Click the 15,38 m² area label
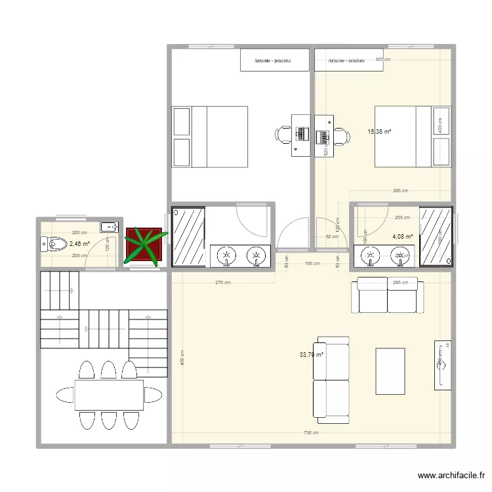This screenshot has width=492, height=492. tap(380, 131)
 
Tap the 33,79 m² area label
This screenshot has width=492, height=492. tap(312, 355)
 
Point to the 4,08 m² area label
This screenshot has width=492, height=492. tap(402, 237)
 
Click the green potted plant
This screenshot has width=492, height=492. tap(144, 246)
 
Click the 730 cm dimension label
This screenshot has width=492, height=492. tap(312, 433)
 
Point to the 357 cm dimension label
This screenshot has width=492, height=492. tap(382, 60)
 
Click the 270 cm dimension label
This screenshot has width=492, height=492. tap(224, 283)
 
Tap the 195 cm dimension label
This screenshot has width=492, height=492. tap(312, 264)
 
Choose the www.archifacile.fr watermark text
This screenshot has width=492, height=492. tap(451, 477)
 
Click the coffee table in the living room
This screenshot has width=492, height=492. tap(390, 371)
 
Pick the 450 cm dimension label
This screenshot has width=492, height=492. tap(183, 358)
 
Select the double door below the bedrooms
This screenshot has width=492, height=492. tap(293, 235)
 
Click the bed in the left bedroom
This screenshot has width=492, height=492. tap(210, 136)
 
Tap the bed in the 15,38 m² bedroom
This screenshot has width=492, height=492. tap(413, 136)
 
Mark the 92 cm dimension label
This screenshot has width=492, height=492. tap(331, 237)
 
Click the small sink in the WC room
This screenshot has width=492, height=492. tap(109, 227)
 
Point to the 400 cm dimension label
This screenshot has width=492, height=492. tap(439, 125)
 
